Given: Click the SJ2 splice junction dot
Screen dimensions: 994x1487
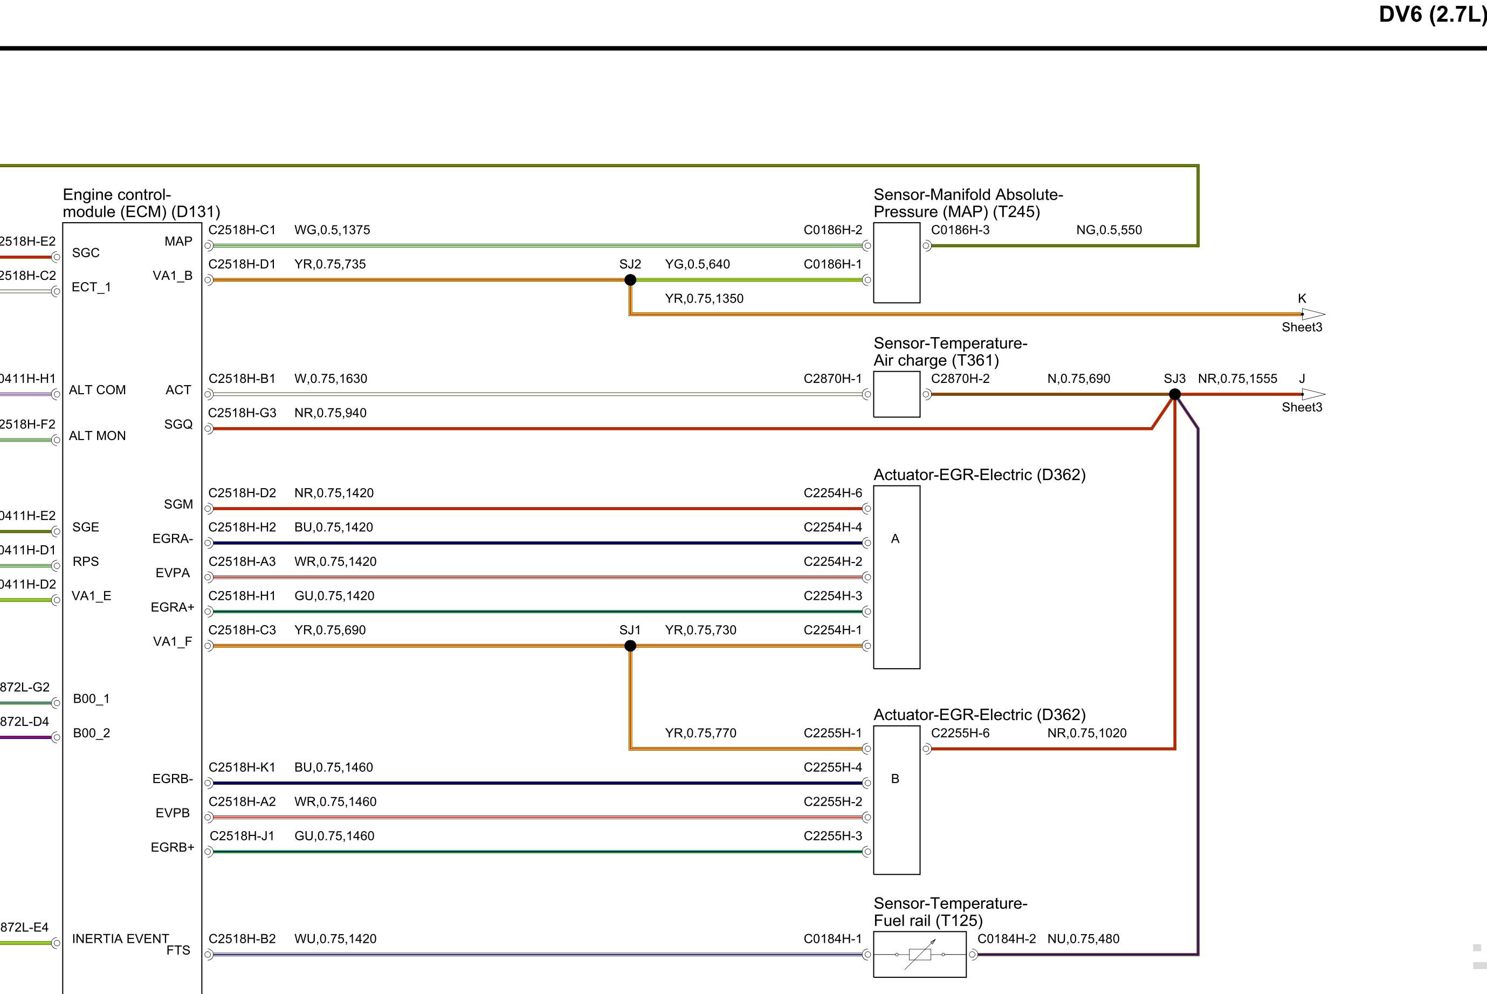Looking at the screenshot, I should point(630,279).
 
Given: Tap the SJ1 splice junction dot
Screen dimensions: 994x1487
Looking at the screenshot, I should point(630,646).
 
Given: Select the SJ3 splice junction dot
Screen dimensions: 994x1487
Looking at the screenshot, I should point(1175,394).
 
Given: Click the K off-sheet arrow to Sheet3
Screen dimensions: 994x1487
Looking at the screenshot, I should point(1313,314).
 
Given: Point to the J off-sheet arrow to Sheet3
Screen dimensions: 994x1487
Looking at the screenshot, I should point(1313,394).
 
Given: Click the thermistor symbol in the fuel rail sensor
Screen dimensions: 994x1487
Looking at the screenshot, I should point(920,954).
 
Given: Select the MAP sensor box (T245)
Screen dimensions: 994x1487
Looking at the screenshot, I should point(897,263).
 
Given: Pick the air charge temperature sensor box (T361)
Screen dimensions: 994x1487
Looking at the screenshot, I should point(897,394).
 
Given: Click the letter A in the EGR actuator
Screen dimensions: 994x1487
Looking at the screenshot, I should point(895,539).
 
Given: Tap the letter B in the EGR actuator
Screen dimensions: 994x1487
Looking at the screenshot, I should point(895,778).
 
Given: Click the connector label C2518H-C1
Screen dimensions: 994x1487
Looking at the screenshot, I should point(242,230).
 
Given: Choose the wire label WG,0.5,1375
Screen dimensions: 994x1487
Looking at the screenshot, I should point(332,230).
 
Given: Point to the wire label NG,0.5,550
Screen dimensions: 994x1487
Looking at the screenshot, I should point(1109,230).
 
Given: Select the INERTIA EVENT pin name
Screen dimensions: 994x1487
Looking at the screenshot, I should point(120,939).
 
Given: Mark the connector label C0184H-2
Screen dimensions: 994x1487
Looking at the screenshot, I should point(1007,939).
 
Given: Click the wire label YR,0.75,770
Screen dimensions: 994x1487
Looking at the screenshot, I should point(701,733).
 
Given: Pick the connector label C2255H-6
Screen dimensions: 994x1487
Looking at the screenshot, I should point(960,733).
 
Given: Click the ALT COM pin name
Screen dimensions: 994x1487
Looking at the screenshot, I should point(97,390).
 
